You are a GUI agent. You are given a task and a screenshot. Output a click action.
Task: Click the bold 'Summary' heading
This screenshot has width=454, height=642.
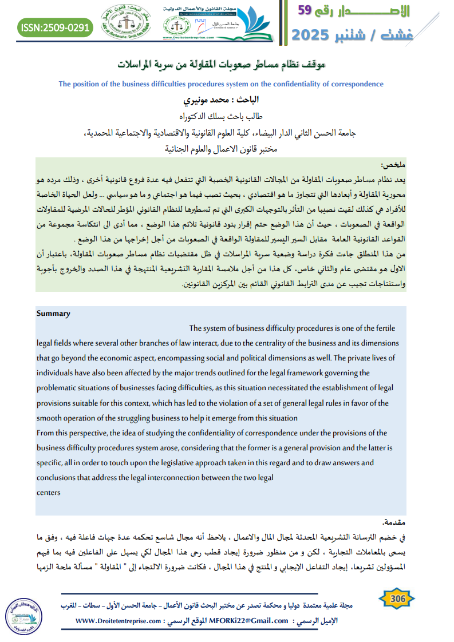click(53, 314)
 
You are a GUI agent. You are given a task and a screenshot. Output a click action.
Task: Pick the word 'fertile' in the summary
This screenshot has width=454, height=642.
click(384, 328)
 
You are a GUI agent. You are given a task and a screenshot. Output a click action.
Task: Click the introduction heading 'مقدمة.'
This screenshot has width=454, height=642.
click(394, 522)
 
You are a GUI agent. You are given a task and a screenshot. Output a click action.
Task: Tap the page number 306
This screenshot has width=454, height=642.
click(397, 598)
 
